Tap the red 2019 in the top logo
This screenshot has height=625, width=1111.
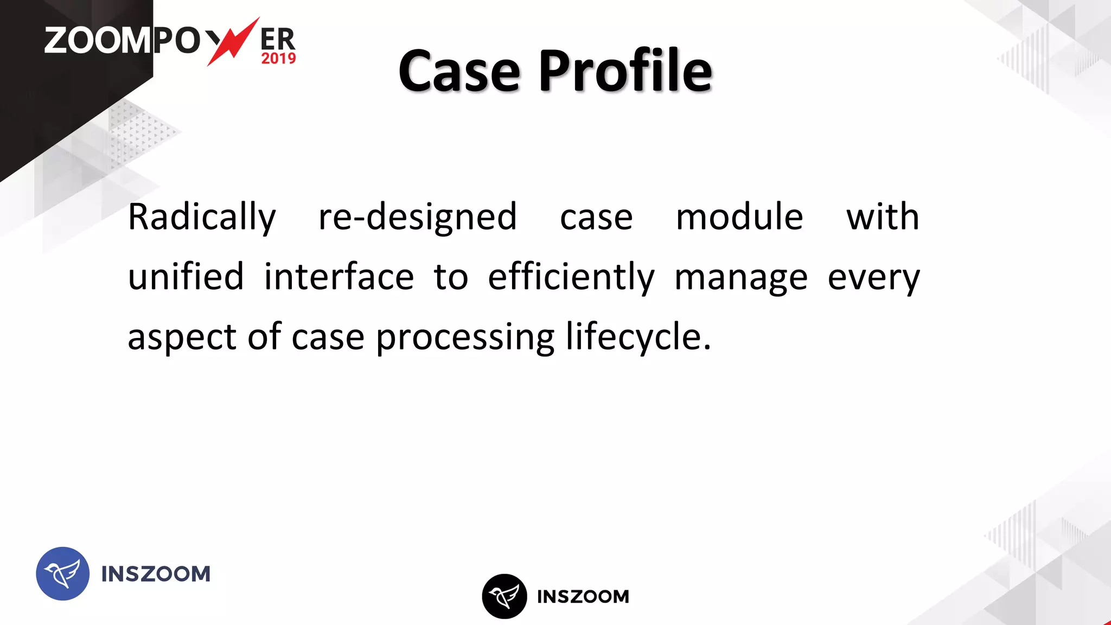coord(278,59)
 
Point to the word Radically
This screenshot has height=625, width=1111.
coord(202,218)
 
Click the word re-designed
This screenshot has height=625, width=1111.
coord(418,216)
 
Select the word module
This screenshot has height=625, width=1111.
coord(739,216)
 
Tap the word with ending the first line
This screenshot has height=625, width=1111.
coord(883,216)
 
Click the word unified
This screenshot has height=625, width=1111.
coord(186,276)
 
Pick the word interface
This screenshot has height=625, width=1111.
coord(339,276)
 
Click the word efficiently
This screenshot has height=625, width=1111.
coord(571,277)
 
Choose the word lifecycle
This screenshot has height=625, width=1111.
coord(637,336)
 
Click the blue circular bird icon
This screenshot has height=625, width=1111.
coord(63,573)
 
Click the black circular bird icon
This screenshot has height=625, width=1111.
coord(505,596)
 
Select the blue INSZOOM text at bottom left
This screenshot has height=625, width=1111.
coord(156,574)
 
